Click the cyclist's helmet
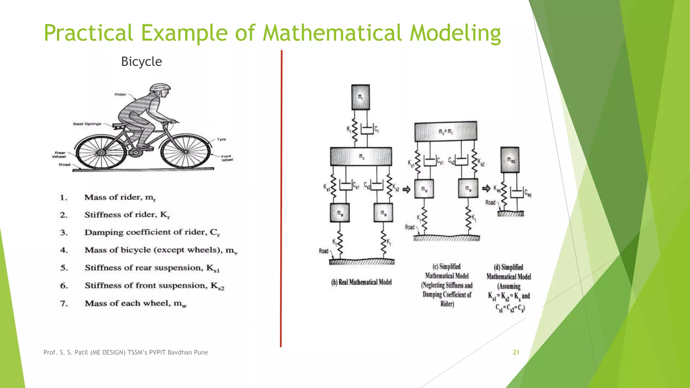pos(160,88)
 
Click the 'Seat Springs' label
pos(87,124)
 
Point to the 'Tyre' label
pos(221,139)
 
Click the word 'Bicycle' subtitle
pos(142,62)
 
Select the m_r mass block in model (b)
pos(360,97)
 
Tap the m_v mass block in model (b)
pos(361,156)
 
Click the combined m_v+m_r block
pos(445,131)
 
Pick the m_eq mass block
pos(510,160)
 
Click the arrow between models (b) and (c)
pos(407,190)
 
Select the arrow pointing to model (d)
pos(486,188)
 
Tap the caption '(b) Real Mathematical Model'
pos(362,282)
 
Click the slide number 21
pos(516,352)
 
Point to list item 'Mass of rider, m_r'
pos(120,197)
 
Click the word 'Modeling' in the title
pos(455,33)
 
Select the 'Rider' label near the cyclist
pos(120,94)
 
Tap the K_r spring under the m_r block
pos(354,130)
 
